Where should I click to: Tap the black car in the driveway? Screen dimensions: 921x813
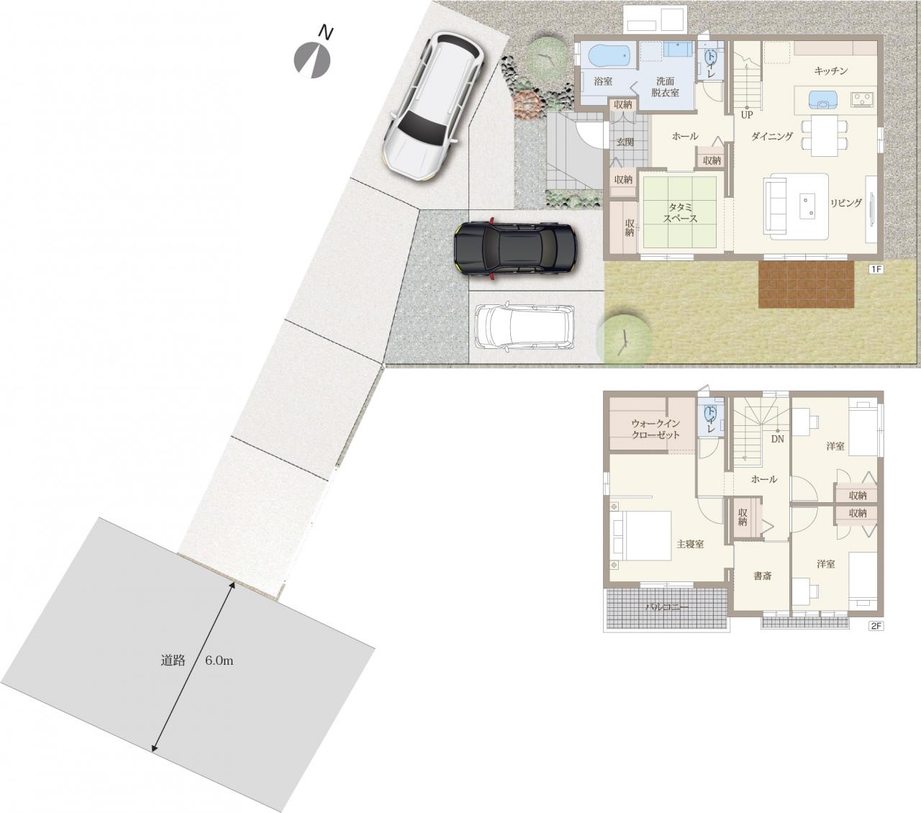[516, 248]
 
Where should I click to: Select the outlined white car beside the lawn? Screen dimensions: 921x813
[524, 327]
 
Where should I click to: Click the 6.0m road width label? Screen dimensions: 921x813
[219, 661]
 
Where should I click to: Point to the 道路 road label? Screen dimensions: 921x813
[173, 660]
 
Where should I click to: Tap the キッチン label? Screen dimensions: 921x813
[831, 71]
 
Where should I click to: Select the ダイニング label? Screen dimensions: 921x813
[772, 136]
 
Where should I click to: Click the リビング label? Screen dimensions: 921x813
[846, 203]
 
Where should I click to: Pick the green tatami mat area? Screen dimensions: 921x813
[680, 212]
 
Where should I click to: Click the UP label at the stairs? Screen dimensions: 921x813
[747, 115]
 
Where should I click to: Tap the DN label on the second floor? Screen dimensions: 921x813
[778, 440]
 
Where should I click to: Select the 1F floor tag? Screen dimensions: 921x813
[876, 269]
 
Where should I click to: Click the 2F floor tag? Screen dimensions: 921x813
[876, 626]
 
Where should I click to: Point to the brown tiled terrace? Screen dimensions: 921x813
[806, 285]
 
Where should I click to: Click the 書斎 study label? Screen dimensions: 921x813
[763, 576]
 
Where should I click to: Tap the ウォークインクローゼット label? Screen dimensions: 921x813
[655, 429]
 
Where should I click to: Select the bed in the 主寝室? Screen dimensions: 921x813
[642, 535]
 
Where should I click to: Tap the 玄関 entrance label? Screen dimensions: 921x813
[625, 142]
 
